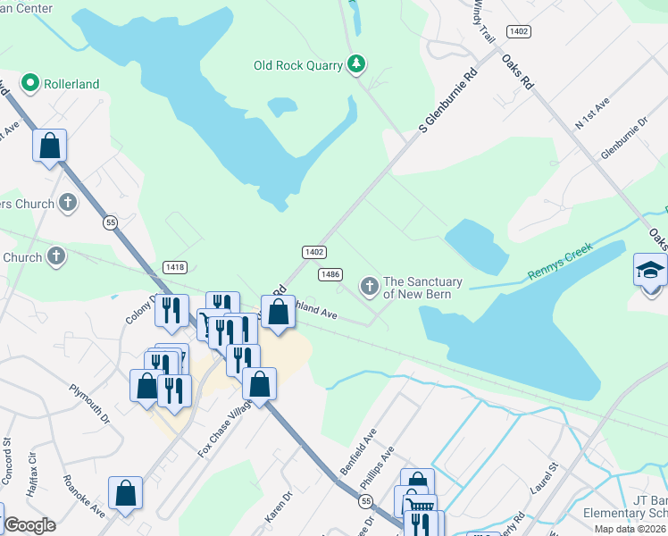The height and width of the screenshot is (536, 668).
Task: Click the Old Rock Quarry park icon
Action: (356, 63)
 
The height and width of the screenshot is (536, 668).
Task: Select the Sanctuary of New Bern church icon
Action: (369, 287)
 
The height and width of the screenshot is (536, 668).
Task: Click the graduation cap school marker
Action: (649, 269)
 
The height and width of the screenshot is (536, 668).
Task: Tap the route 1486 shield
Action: (330, 274)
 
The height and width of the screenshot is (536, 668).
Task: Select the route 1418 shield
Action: (175, 267)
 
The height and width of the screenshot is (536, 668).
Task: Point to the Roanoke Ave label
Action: (84, 496)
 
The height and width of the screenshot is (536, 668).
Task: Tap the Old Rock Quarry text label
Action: (298, 64)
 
